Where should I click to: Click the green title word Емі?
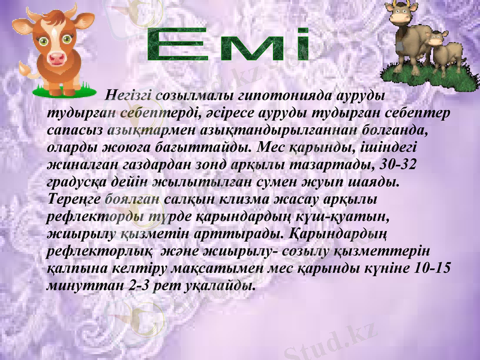click(x=228, y=46)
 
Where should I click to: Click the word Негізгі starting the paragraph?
click(x=128, y=95)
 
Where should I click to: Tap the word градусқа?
click(x=74, y=181)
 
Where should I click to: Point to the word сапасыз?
click(x=76, y=130)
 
